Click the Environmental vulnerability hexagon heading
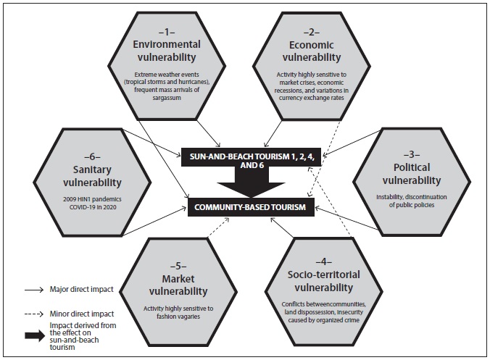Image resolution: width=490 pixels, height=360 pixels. (x=165, y=51)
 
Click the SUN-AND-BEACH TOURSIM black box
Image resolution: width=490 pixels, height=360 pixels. (x=249, y=159)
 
